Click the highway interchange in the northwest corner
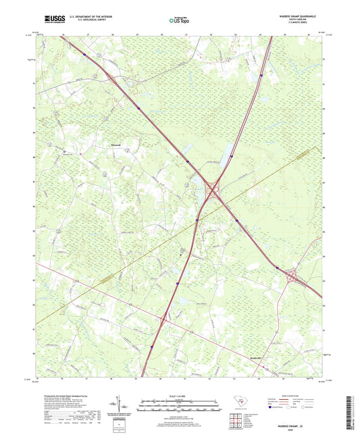click(x=84, y=53)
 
